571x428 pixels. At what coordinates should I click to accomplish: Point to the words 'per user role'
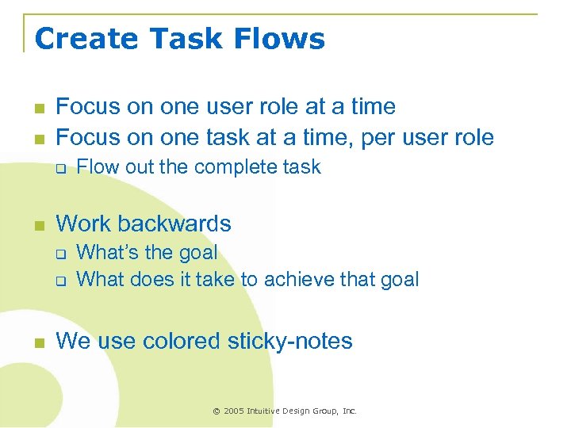pyautogui.click(x=427, y=138)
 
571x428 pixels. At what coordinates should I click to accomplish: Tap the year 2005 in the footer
pyautogui.click(x=235, y=411)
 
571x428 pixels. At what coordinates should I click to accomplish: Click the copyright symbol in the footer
pyautogui.click(x=216, y=411)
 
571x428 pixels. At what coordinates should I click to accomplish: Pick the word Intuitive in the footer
pyautogui.click(x=266, y=411)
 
